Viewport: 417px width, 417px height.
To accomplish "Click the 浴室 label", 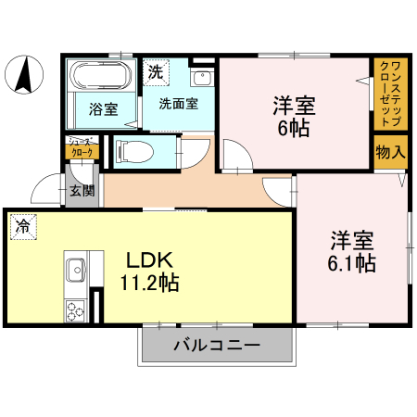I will click(103, 109).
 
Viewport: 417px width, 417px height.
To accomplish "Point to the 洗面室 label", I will click(177, 104).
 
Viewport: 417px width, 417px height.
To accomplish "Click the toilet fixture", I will click(130, 149).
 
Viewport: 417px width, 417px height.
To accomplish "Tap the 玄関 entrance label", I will click(81, 192).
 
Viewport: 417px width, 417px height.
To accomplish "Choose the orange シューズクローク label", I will click(81, 148).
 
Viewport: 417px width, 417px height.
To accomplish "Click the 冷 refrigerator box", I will click(21, 226).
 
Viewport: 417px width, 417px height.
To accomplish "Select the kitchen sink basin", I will click(76, 272).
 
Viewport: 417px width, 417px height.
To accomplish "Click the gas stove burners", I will click(76, 310).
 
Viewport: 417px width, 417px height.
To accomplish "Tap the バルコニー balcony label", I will click(216, 347).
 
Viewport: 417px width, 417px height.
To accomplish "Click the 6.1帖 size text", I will click(352, 264).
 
